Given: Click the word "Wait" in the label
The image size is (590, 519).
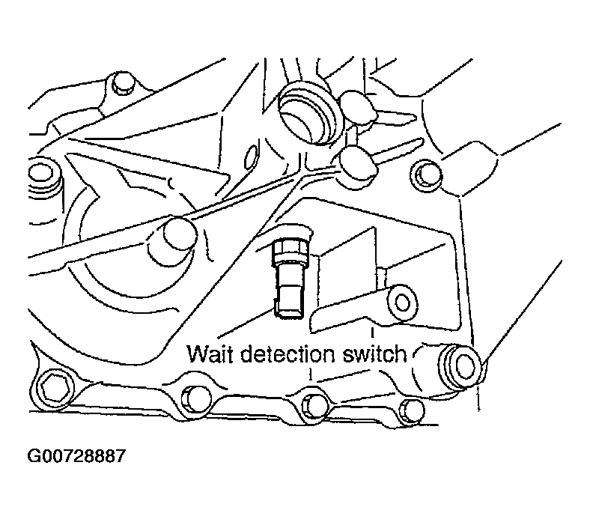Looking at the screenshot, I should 209,353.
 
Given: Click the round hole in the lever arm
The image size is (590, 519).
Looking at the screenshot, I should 403,302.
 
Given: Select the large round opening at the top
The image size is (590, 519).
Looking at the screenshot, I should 306,109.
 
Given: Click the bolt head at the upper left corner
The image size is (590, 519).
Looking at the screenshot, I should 118,85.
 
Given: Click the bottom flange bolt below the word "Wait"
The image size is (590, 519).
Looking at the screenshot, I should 197,399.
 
